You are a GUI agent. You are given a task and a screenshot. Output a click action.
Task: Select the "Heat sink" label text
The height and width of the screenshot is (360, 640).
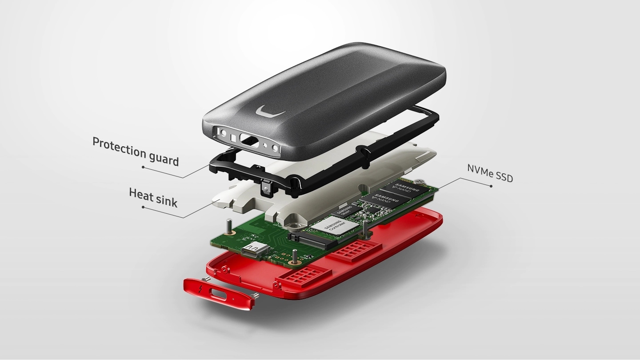click(153, 198)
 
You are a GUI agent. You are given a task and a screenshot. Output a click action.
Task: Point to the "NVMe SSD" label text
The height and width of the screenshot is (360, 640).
click(490, 173)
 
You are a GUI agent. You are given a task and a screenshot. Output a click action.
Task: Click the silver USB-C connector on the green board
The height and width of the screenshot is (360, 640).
click(254, 250)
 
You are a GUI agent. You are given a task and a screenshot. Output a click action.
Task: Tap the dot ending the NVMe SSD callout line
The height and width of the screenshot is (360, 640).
click(491, 185)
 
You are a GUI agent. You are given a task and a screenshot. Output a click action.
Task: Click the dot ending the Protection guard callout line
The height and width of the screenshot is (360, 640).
click(143, 167)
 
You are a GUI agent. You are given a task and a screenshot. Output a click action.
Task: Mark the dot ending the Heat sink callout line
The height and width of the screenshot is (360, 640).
click(143, 207)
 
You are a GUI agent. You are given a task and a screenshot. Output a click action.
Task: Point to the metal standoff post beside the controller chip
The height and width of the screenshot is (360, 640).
click(364, 227)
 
